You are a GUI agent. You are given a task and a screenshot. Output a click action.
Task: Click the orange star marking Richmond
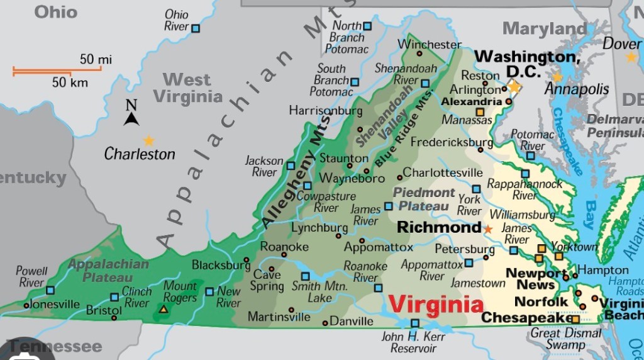tap(488, 229)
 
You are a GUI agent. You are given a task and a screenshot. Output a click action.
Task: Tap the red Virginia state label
tap(436, 305)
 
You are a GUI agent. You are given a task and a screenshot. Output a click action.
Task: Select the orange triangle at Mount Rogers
tap(164, 309)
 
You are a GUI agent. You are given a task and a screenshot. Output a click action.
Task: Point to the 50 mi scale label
tap(96, 59)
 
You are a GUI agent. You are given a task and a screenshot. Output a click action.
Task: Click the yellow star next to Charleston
tap(148, 140)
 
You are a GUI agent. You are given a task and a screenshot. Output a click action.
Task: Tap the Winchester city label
tap(430, 45)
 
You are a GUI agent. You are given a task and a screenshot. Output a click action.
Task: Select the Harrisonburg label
tap(326, 110)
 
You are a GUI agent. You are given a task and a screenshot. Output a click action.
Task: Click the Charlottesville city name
tap(443, 172)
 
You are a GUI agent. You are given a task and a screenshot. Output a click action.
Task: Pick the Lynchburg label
tap(319, 227)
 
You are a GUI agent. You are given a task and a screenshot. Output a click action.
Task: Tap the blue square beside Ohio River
tap(196, 28)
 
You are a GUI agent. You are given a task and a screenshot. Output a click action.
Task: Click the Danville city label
tap(352, 322)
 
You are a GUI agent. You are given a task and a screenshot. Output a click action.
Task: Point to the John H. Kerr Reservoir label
tap(413, 342)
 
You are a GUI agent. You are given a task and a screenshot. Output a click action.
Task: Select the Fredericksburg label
tap(452, 142)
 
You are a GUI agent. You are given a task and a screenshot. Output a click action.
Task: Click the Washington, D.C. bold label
tap(527, 64)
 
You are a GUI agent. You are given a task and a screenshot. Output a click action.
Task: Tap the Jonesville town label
tap(55, 305)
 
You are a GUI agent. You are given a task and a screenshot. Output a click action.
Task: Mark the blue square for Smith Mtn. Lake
tap(306, 276)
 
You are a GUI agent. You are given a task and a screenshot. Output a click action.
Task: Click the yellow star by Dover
tap(631, 57)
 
